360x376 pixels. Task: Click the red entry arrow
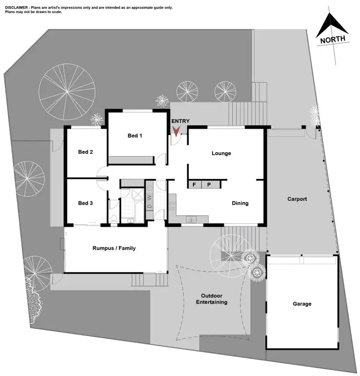point(176,130)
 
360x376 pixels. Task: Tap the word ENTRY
point(180,121)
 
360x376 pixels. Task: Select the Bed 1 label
point(135,136)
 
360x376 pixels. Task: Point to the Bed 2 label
point(85,152)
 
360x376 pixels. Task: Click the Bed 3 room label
point(85,203)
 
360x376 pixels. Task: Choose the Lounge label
point(221,154)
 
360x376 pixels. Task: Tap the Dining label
point(240,203)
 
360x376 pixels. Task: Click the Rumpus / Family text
point(114,248)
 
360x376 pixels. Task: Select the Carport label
point(297,199)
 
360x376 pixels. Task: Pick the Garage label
point(302,303)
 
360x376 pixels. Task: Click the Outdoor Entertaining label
point(211,299)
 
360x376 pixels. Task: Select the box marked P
point(209,184)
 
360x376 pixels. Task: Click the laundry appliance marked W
point(149,197)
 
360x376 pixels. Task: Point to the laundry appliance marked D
point(149,206)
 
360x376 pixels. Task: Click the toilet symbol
point(113,219)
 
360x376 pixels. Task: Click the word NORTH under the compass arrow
point(333,40)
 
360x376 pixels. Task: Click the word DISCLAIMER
point(16,8)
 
